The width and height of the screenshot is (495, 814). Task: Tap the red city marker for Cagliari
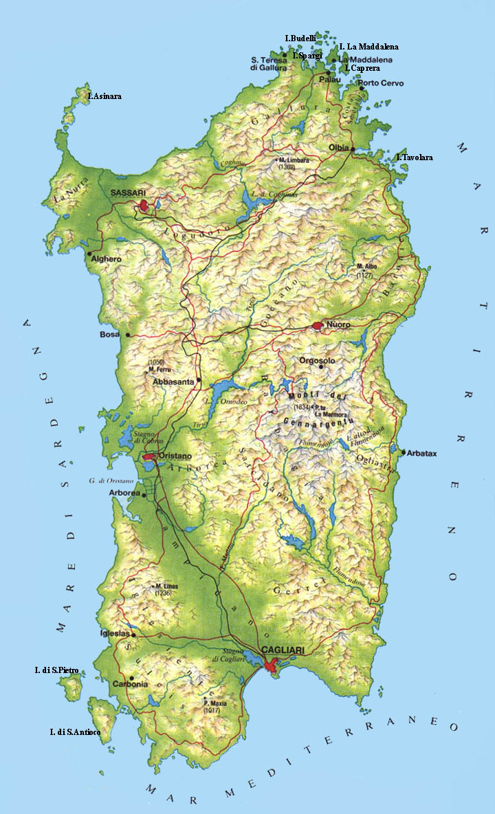click(272, 665)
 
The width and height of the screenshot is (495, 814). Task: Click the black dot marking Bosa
click(127, 335)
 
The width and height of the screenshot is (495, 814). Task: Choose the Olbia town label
click(338, 148)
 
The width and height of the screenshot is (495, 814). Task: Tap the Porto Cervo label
click(385, 83)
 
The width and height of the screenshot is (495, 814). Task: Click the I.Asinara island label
click(104, 96)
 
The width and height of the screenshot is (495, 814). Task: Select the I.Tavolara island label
click(415, 157)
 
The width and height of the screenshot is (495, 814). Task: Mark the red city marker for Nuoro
click(318, 326)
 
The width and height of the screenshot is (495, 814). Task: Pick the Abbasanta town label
click(175, 381)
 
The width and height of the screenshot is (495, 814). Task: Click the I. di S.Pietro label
click(56, 670)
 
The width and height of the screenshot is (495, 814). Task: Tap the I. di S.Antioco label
click(75, 732)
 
